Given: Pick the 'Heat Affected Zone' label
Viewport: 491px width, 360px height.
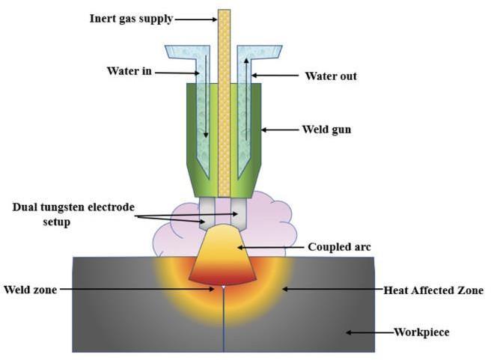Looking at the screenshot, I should click(433, 288).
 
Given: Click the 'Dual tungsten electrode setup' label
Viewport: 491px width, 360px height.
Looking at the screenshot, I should click(71, 213).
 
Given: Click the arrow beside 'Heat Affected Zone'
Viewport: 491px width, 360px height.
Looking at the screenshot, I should click(329, 288).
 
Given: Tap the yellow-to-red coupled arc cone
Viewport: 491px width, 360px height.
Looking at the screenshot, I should click(222, 254).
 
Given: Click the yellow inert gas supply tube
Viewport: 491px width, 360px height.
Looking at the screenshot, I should click(223, 97).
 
